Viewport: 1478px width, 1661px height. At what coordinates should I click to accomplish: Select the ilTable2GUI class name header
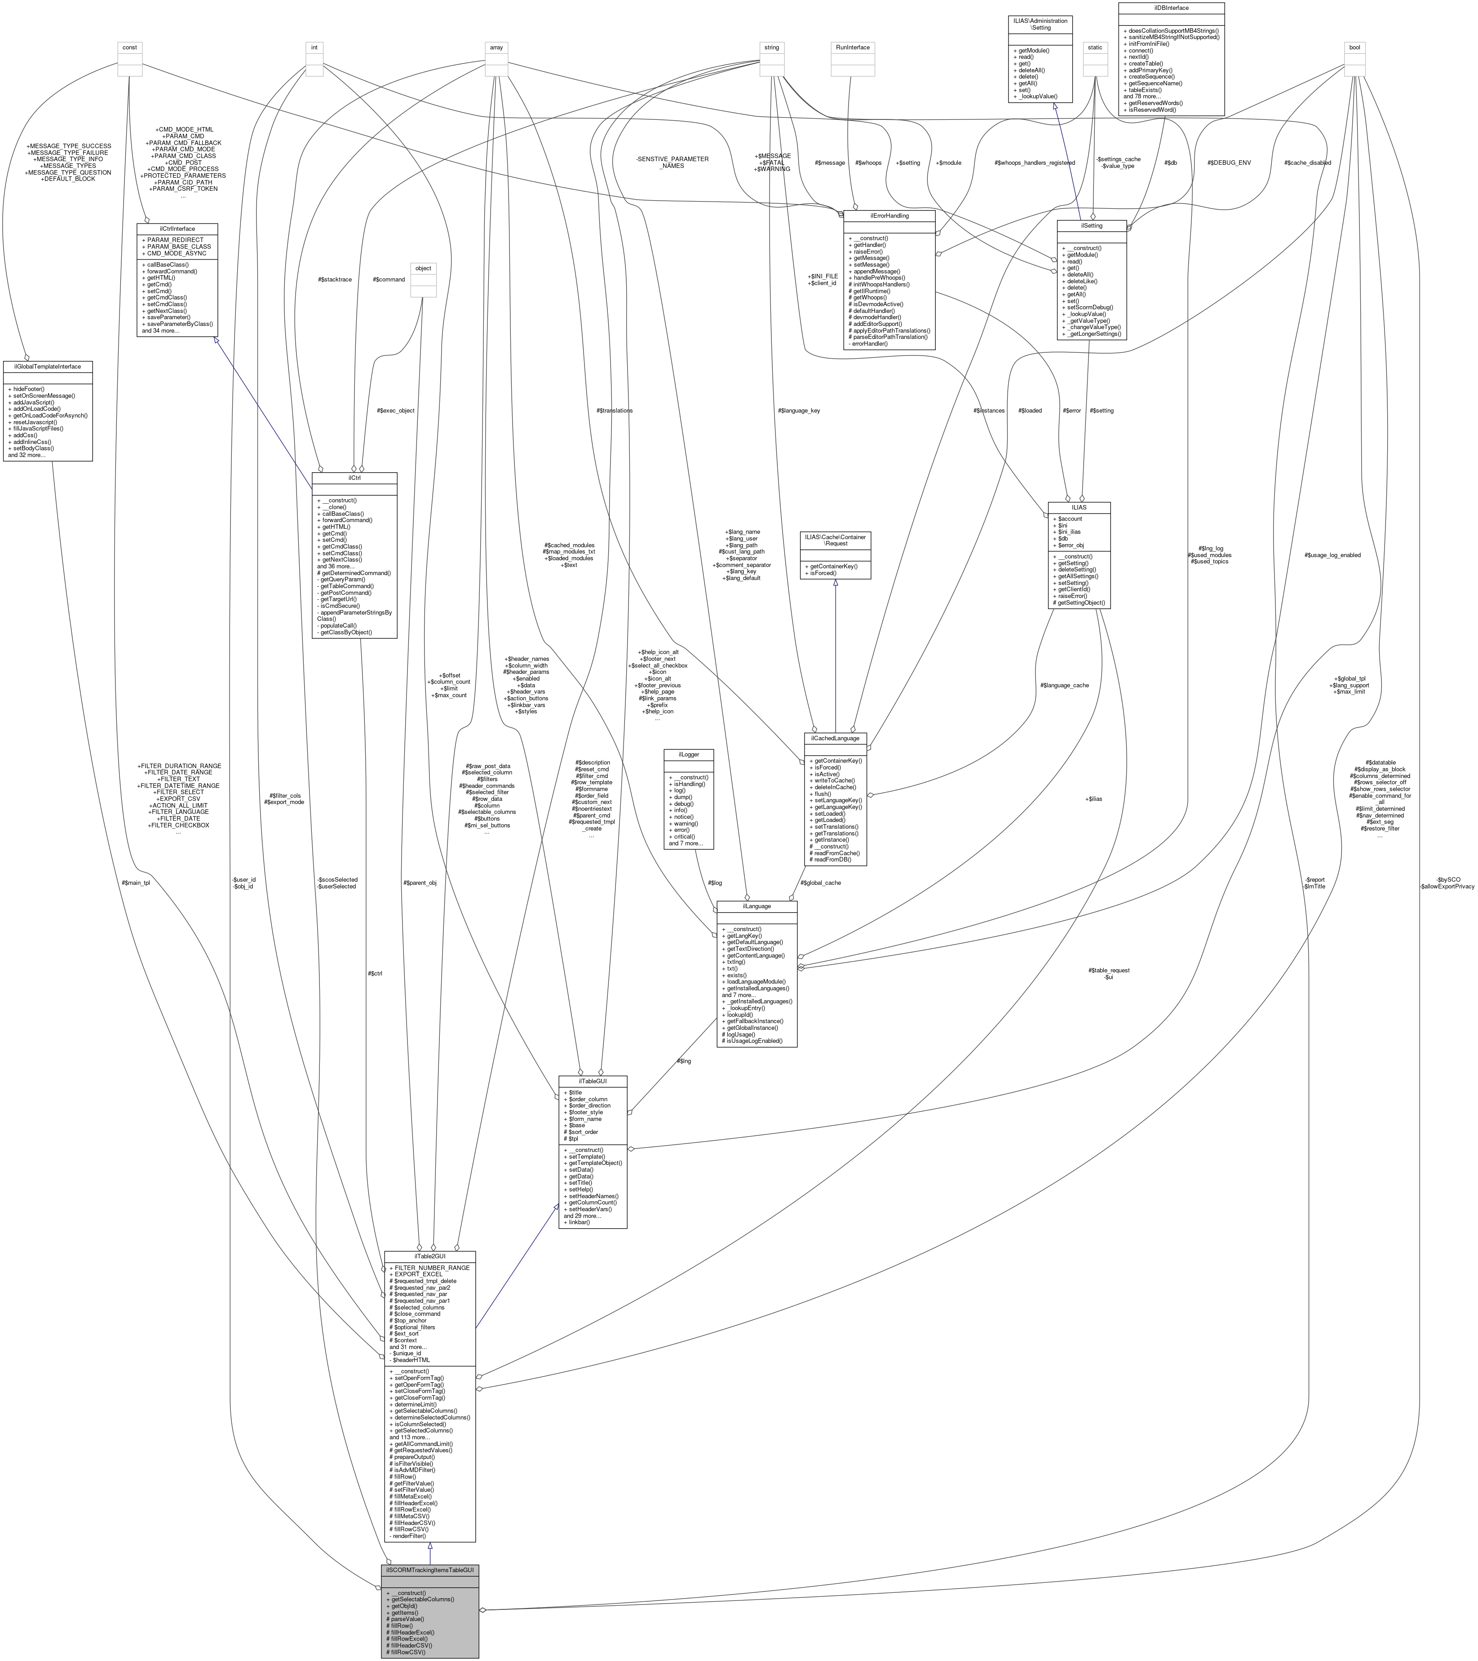click(x=429, y=1256)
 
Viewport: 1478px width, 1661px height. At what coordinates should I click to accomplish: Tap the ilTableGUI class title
click(x=592, y=1081)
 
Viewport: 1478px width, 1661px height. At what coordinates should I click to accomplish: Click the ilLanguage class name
click(x=756, y=905)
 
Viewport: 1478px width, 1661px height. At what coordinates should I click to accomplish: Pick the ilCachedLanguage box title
click(x=835, y=738)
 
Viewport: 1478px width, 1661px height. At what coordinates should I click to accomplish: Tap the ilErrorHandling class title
click(x=889, y=215)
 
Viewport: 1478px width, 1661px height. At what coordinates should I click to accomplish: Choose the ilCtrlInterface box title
click(x=177, y=228)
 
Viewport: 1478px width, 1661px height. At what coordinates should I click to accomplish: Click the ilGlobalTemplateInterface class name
click(x=47, y=366)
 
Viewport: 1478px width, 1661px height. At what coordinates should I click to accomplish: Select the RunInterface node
click(x=853, y=47)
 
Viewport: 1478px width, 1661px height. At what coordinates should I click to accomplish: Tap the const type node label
click(x=129, y=47)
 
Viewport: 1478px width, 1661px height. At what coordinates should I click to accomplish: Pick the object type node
click(x=423, y=268)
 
